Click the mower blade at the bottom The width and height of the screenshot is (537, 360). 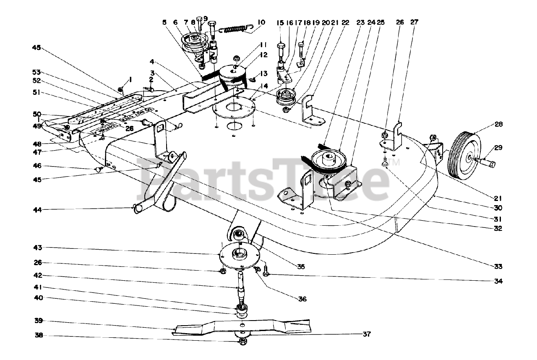[x=243, y=327]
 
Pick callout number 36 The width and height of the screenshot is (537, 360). [x=302, y=299]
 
